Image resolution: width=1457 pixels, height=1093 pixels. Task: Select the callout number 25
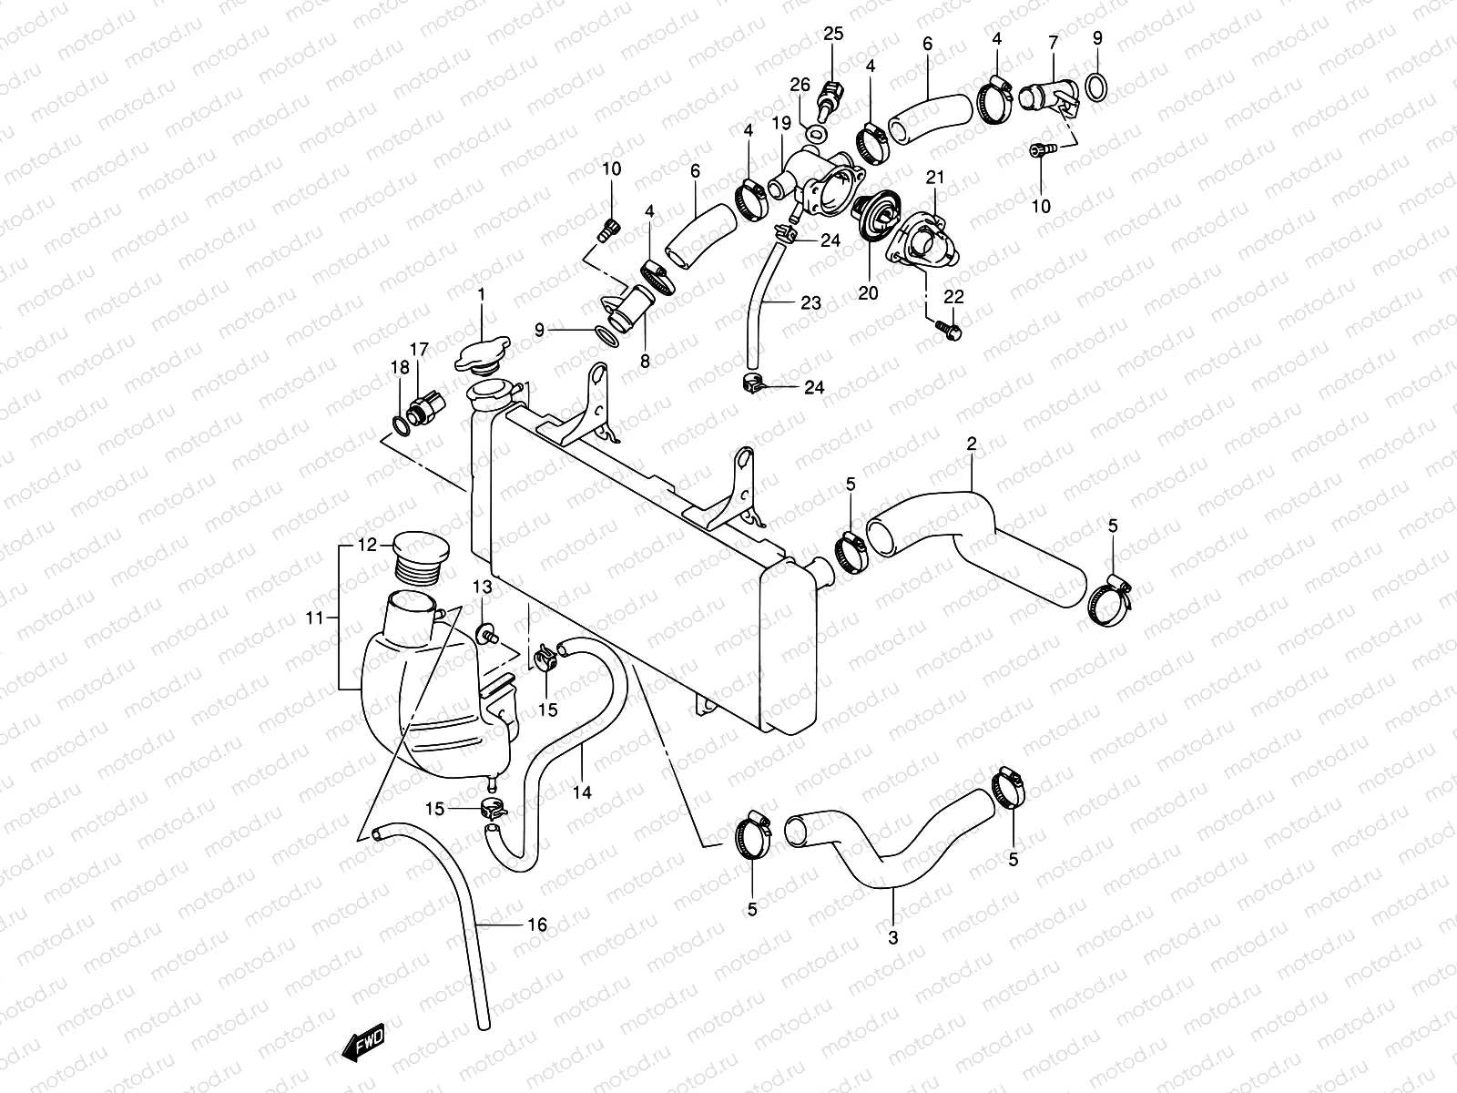(833, 35)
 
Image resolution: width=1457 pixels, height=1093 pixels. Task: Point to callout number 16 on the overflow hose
(537, 925)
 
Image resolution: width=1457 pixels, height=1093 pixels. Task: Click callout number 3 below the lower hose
(892, 937)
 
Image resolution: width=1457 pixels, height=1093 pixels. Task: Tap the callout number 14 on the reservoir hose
(583, 792)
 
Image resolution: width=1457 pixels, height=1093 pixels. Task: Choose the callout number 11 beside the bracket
(315, 618)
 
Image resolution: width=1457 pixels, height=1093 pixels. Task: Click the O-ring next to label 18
(401, 423)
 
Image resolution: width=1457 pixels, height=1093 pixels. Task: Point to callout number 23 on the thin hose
(810, 303)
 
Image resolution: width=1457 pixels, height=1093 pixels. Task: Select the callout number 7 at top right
(1054, 42)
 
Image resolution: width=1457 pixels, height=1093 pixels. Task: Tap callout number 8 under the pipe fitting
(645, 362)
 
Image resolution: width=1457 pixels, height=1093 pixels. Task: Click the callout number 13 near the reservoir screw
(482, 586)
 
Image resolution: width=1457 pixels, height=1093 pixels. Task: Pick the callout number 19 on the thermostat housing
(780, 123)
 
